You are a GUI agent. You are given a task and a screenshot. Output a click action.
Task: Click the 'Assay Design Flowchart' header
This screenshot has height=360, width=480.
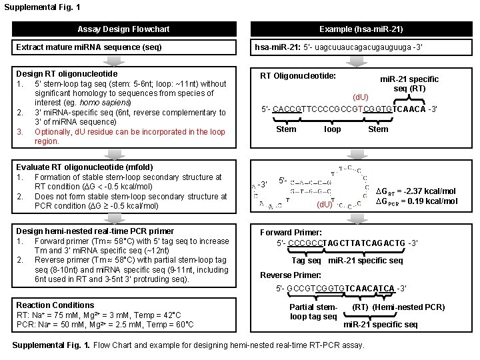pos(123,29)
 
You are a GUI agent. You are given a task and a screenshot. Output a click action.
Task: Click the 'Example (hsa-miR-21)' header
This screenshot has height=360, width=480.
pos(361,29)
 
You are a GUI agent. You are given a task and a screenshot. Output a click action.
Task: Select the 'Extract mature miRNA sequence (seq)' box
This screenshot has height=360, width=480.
pos(89,47)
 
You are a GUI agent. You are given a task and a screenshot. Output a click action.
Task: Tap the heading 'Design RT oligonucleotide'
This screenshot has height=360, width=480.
pos(67,73)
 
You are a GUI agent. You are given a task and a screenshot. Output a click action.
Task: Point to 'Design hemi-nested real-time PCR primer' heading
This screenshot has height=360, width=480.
pos(95,231)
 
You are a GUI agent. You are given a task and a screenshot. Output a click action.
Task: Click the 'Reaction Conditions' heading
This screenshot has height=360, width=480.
pos(55,305)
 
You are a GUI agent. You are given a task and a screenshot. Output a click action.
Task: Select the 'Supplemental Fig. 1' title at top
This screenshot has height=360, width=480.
pos(42,7)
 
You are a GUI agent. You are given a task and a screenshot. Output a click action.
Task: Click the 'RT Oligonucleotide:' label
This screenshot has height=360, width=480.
pos(298,76)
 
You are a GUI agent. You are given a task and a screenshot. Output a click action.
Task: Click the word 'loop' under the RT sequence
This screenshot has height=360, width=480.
pos(332,129)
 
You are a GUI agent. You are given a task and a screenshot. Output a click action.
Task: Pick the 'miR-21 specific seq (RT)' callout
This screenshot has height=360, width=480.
pos(409,84)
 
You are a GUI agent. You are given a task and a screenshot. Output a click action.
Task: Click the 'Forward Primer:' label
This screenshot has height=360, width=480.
pos(290,233)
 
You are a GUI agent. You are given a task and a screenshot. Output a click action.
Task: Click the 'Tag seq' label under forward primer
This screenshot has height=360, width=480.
pos(306,260)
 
